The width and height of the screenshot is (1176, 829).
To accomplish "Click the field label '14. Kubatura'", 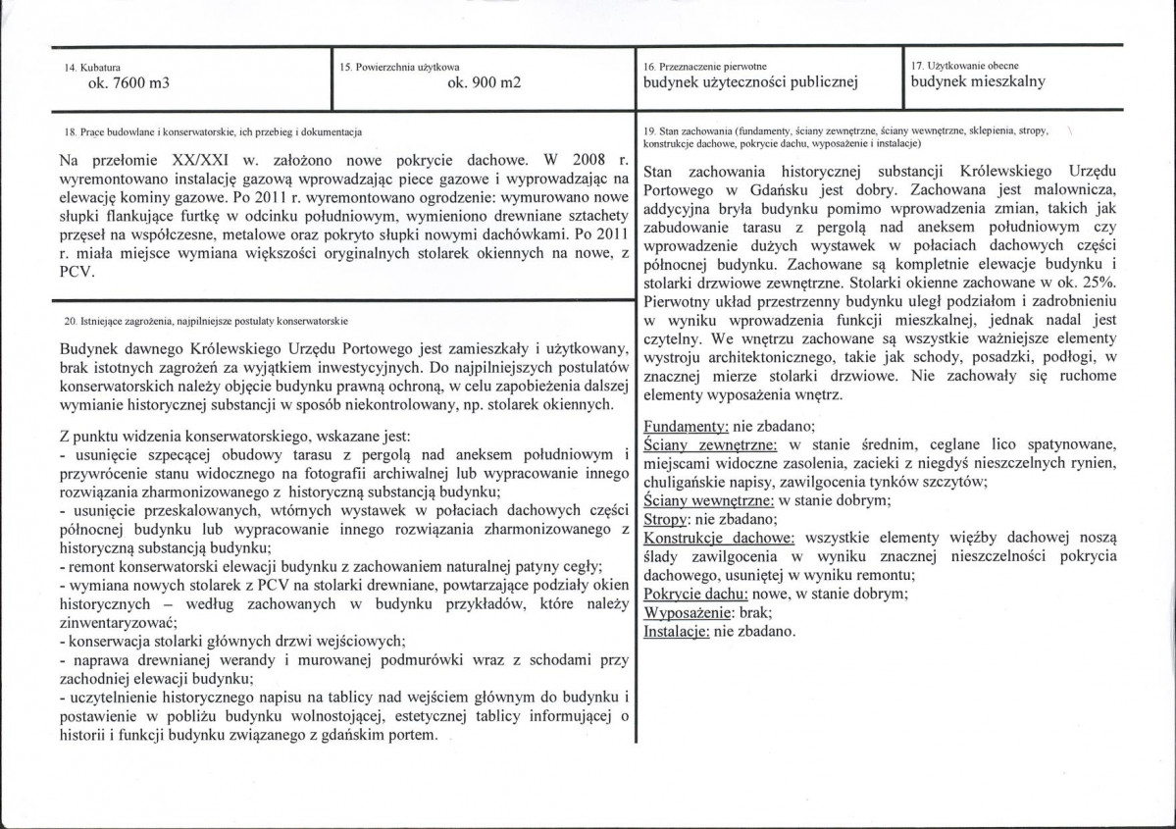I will coord(84,66).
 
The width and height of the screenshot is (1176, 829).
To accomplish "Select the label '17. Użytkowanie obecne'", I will coord(960,65).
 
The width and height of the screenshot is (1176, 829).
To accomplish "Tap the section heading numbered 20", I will coord(203,321).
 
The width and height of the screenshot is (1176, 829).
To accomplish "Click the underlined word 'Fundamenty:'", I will coord(683,426).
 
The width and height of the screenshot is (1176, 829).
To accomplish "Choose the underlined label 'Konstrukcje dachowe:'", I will coord(719,538).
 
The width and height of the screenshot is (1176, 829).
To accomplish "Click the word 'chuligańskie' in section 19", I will coord(687,481).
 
